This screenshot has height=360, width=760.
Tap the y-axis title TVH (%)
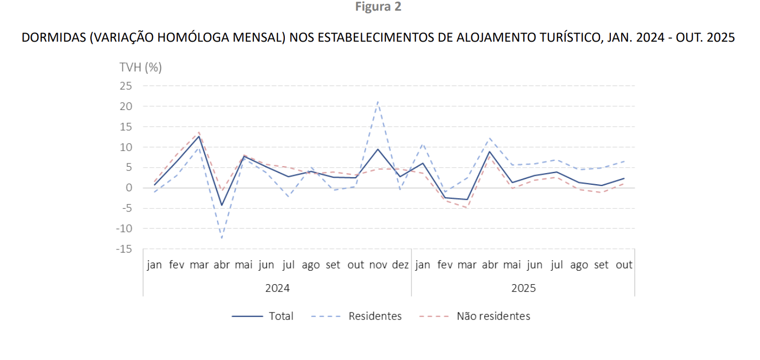click(x=140, y=67)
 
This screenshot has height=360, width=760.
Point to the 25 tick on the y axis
click(x=126, y=86)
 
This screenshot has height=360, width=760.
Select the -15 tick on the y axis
click(x=123, y=249)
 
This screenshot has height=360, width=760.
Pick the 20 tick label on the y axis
click(x=126, y=106)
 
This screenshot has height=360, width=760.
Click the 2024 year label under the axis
click(x=277, y=288)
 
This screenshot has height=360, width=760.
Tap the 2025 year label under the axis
click(x=523, y=288)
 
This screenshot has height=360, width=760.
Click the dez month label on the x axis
click(x=400, y=265)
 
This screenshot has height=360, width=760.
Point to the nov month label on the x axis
click(x=378, y=265)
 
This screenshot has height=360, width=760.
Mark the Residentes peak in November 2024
click(x=378, y=101)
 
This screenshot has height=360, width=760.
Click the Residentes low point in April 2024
click(x=221, y=238)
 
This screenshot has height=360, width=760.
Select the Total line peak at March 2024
click(x=199, y=136)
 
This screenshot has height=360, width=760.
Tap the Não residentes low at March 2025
click(x=467, y=208)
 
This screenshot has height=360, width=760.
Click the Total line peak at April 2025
click(x=490, y=152)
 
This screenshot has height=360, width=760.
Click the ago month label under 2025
click(x=579, y=265)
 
